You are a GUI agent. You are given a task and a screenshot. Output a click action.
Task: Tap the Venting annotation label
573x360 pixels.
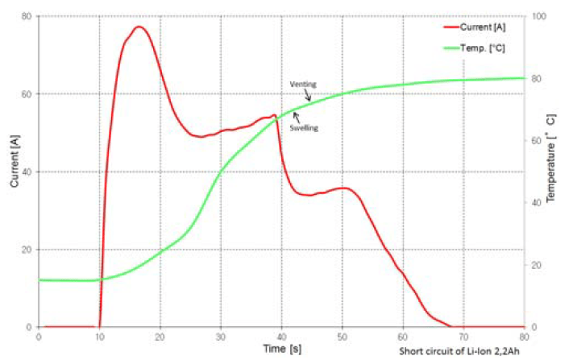click(x=302, y=84)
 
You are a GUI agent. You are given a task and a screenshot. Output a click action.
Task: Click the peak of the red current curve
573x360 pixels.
click(x=138, y=27)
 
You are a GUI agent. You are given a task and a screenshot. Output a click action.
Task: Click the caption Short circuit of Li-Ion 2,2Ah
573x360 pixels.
click(x=462, y=352)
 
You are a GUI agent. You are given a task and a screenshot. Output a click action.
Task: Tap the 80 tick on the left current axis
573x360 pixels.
click(x=27, y=16)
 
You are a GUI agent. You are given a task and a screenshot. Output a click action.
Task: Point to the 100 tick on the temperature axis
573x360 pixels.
click(x=535, y=16)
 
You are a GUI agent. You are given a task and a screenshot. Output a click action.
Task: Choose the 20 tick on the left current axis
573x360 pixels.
click(x=27, y=250)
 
